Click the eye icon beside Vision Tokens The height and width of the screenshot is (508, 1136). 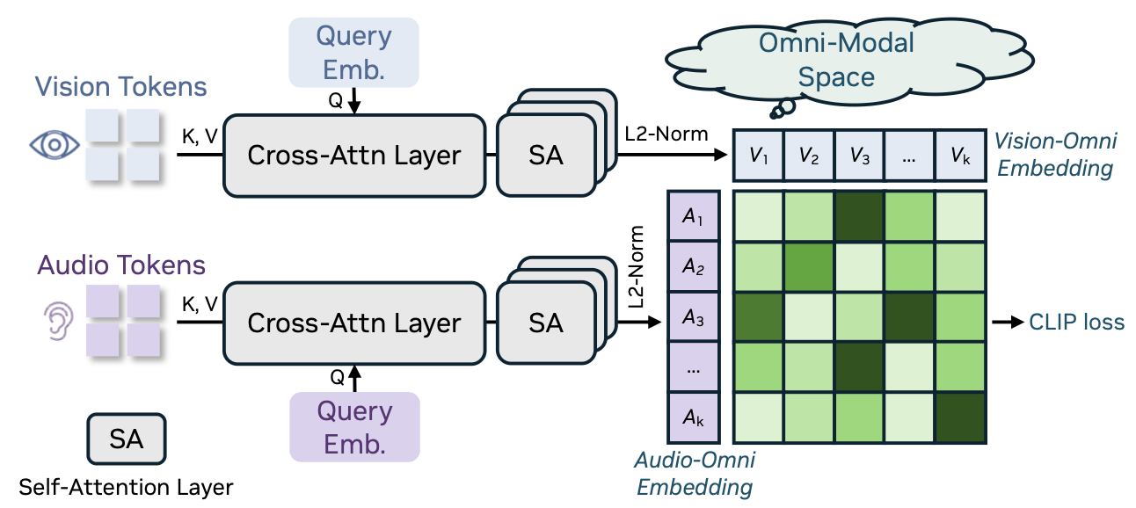click(x=55, y=146)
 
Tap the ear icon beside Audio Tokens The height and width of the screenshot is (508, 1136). click(x=55, y=323)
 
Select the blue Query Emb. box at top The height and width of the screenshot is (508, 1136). click(x=353, y=54)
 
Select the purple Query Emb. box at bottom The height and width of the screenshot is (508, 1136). click(x=354, y=427)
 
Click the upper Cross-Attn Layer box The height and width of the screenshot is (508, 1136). click(x=354, y=156)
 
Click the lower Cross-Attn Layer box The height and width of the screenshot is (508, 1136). click(x=354, y=323)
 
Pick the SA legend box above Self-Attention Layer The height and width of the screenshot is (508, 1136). click(x=127, y=439)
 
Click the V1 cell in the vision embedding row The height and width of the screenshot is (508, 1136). click(x=758, y=157)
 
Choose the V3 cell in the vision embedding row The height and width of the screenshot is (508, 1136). click(x=859, y=157)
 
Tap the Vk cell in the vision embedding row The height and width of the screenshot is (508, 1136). click(x=960, y=157)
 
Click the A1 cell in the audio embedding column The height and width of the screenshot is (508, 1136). click(x=695, y=216)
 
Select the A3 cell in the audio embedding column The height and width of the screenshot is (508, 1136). click(x=695, y=319)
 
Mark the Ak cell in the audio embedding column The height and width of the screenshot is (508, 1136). click(x=695, y=417)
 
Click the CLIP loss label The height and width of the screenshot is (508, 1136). click(x=1076, y=323)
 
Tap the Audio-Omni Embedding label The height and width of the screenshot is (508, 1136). click(x=695, y=474)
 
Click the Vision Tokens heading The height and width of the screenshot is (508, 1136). click(x=121, y=87)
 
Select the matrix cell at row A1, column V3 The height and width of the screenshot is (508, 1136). click(x=859, y=216)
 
